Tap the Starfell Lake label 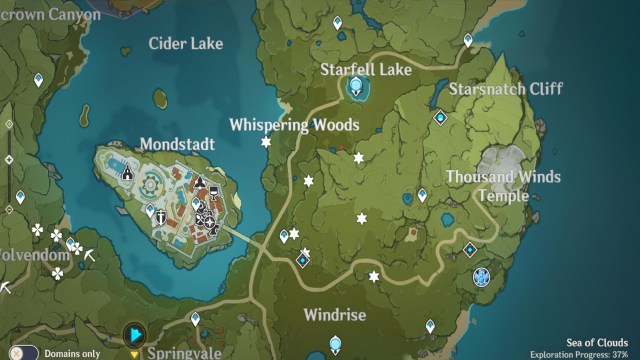tap(366, 70)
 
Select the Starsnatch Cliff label tap(505, 88)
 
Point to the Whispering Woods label tap(293, 125)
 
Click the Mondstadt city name tap(177, 144)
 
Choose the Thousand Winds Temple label tap(503, 186)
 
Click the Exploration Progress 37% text tap(580, 354)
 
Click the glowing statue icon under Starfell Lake tap(356, 89)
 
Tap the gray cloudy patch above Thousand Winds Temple tap(502, 160)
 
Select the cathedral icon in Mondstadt tap(128, 174)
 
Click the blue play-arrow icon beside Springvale tap(133, 333)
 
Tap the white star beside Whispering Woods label tap(266, 143)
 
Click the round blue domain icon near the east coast tap(481, 276)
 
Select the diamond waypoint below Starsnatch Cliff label tap(440, 118)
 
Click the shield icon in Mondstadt tap(151, 211)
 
